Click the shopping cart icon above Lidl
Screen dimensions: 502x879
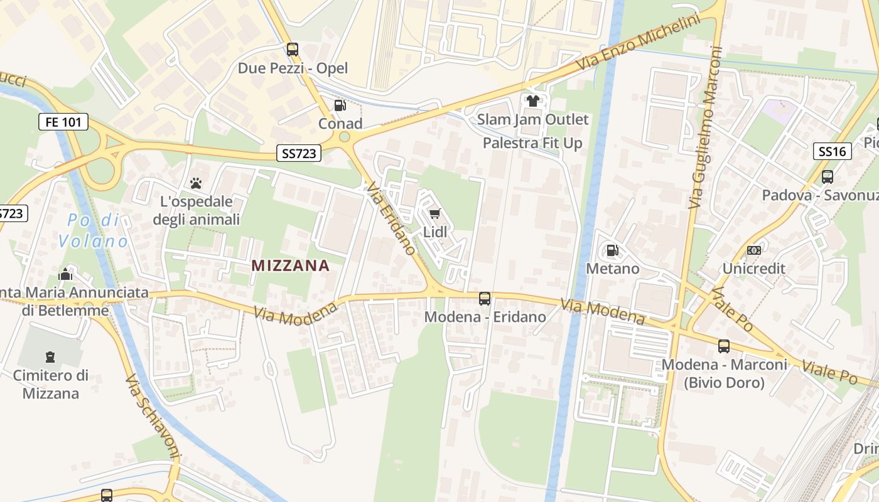pos(435,214)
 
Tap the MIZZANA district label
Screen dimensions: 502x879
pos(290,265)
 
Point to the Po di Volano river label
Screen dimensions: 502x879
pos(93,230)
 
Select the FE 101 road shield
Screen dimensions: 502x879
pos(63,122)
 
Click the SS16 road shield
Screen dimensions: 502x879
pos(832,151)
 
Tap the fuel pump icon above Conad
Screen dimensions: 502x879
pos(340,105)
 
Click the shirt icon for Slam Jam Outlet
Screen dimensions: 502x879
pos(533,101)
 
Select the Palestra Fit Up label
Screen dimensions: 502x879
pos(532,143)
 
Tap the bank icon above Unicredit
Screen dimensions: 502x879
pos(753,250)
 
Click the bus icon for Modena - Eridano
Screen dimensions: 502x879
pos(485,299)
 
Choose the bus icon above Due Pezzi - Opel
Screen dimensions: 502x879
pos(293,50)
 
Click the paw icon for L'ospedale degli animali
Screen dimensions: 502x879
pos(196,183)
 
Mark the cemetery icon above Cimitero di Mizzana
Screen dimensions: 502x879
pos(50,358)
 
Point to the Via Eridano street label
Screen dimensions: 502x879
pos(392,218)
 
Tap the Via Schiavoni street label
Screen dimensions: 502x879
pos(153,417)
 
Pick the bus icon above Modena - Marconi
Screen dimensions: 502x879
pos(724,346)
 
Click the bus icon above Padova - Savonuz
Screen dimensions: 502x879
pos(827,177)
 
